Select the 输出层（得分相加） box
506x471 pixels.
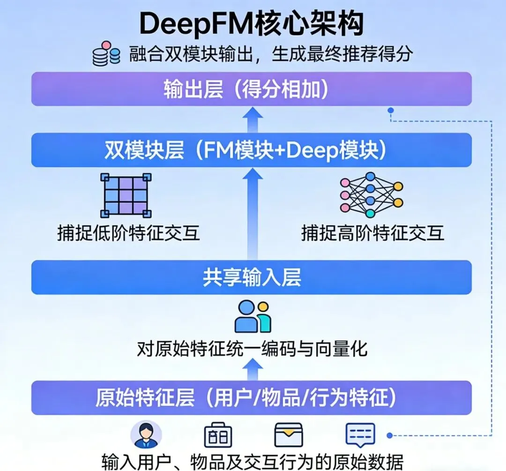coord(252,89)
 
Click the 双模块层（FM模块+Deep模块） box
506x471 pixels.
coord(252,150)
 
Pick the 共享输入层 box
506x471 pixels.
coord(252,277)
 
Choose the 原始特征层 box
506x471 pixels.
coord(252,398)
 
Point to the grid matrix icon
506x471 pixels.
coord(126,195)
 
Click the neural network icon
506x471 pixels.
coord(371,195)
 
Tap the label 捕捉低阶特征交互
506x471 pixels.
coord(128,233)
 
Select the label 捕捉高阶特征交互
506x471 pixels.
coord(372,233)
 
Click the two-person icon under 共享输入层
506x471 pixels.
coord(253,317)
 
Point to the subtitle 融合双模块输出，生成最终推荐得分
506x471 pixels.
coord(271,54)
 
